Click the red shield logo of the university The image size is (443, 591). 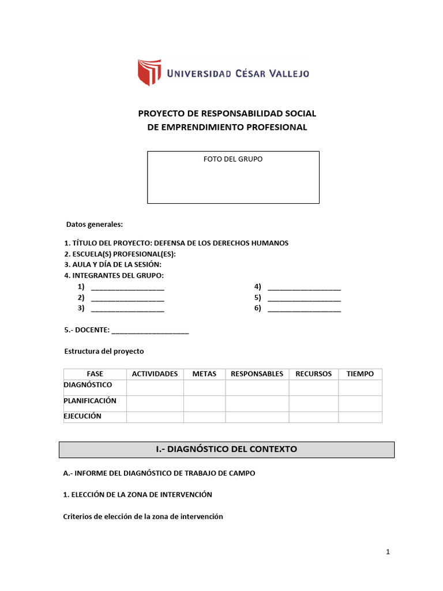pos(149,72)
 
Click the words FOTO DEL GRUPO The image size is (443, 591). pos(232,159)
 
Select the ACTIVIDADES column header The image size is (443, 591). pos(155,374)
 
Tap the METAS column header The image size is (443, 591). pos(204,374)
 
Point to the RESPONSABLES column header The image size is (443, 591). pos(257,374)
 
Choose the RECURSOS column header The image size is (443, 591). pos(313,374)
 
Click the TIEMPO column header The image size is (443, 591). pos(360,374)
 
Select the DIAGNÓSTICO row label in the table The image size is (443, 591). pos(88,385)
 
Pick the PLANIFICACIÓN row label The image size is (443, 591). pos(90,401)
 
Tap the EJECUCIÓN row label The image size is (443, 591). pos(82,416)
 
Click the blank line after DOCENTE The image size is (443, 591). pos(150,331)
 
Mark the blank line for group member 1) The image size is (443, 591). pos(127,288)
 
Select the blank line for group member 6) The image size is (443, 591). pos(304,309)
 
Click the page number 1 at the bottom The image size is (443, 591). pos(388,552)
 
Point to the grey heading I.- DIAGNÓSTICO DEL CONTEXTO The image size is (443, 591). pos(227,449)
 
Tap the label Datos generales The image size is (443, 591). pos(95,224)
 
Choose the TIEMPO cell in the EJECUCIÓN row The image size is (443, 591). pos(360,417)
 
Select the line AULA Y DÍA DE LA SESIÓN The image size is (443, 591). pos(112,264)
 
